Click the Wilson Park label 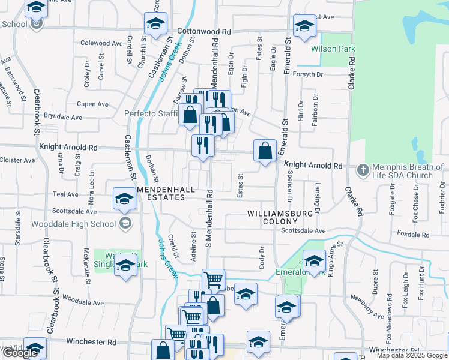(x=333, y=49)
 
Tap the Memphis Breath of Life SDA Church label (x=403, y=171)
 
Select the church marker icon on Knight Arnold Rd (x=363, y=170)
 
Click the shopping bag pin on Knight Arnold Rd (x=265, y=151)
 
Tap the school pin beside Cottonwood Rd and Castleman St (x=155, y=25)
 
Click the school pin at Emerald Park (x=313, y=261)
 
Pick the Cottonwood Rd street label (x=204, y=31)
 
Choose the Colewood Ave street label (x=102, y=43)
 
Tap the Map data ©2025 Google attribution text (x=411, y=356)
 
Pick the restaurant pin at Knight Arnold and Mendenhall (x=203, y=145)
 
